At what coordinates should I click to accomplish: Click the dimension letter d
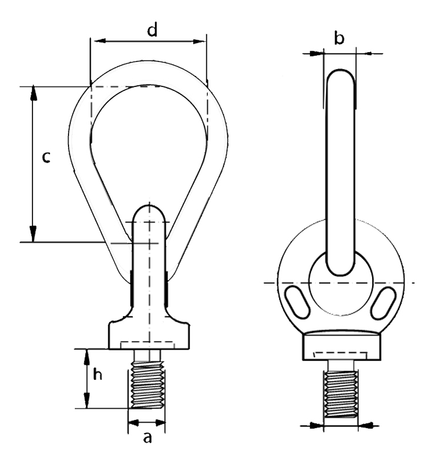pos(151,31)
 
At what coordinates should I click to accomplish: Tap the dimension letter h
pos(99,375)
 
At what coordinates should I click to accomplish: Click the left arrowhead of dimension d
pos(96,41)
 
